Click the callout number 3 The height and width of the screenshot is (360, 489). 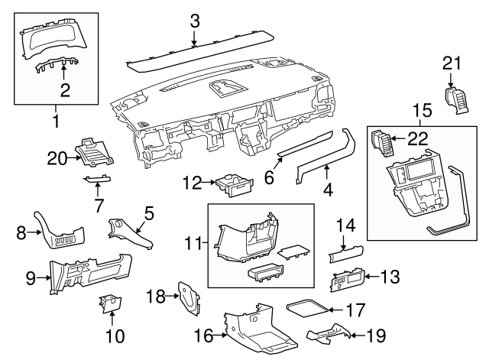[195, 21]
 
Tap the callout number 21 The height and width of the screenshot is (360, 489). [452, 64]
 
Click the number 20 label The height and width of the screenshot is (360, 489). [57, 157]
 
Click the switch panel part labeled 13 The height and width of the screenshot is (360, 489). [346, 283]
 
